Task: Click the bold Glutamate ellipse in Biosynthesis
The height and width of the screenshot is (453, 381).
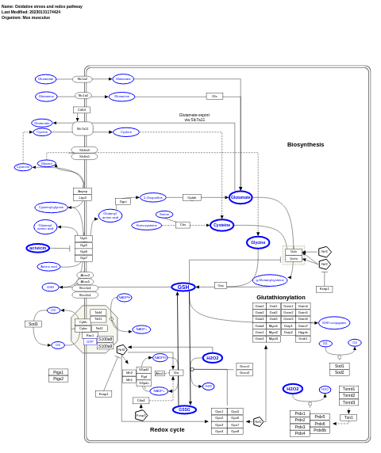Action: pyautogui.click(x=241, y=197)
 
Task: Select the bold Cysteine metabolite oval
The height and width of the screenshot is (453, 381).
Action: pyautogui.click(x=222, y=225)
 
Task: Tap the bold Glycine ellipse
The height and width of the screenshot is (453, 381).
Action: pyautogui.click(x=258, y=242)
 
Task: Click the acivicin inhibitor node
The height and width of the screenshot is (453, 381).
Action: pyautogui.click(x=38, y=248)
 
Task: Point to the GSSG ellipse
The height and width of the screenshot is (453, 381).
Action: pyautogui.click(x=184, y=409)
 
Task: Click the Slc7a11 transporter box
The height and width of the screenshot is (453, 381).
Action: pyautogui.click(x=83, y=128)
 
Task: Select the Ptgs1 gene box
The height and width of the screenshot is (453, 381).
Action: pyautogui.click(x=58, y=372)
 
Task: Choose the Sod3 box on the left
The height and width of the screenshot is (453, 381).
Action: pyautogui.click(x=33, y=324)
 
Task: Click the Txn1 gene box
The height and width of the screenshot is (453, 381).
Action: pyautogui.click(x=348, y=417)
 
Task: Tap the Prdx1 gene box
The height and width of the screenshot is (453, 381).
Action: pyautogui.click(x=300, y=413)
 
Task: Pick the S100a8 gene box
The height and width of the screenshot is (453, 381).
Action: pyautogui.click(x=106, y=340)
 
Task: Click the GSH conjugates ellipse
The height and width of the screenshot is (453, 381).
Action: pyautogui.click(x=333, y=322)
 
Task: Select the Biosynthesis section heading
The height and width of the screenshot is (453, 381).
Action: pyautogui.click(x=306, y=144)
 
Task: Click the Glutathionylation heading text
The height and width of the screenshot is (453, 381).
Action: pyautogui.click(x=280, y=297)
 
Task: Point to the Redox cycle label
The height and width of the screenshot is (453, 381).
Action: pyautogui.click(x=167, y=429)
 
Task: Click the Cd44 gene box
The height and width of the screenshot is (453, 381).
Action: pyautogui.click(x=82, y=110)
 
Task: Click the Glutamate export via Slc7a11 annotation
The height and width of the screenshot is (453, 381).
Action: pyautogui.click(x=194, y=117)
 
